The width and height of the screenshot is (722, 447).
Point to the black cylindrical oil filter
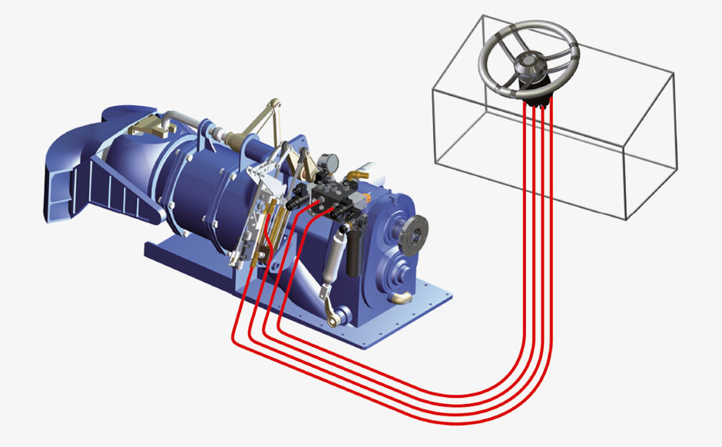[x=354, y=253]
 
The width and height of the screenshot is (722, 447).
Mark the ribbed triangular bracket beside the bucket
[x=123, y=188]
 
